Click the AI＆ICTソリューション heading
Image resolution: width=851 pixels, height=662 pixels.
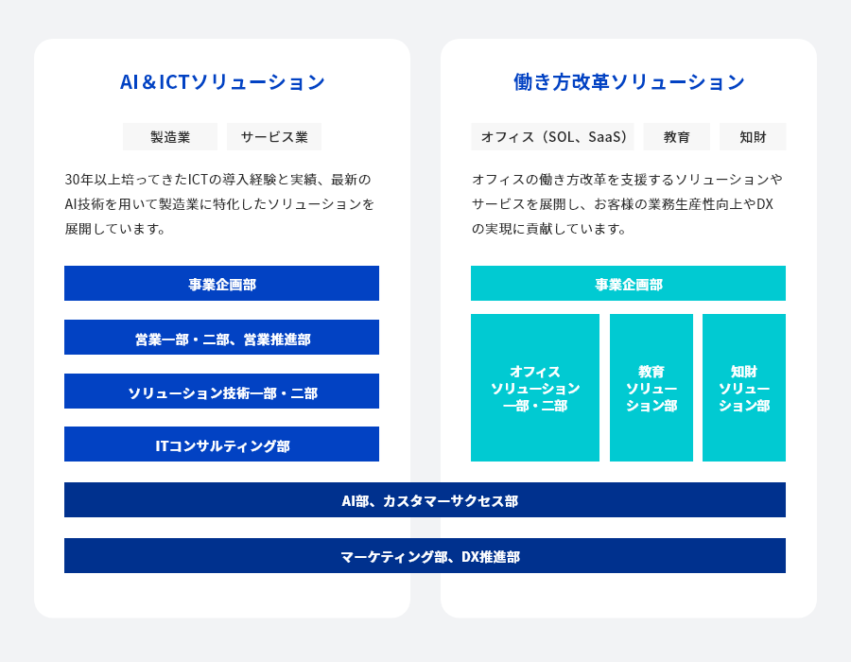click(222, 82)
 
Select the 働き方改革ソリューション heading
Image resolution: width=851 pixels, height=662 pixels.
click(629, 82)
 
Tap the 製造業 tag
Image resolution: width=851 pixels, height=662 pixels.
click(170, 137)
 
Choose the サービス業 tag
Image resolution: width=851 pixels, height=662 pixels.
click(274, 137)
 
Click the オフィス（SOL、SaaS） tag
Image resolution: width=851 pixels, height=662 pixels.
click(553, 137)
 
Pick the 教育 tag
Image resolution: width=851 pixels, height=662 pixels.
click(677, 137)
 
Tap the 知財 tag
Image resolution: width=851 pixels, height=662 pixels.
click(753, 137)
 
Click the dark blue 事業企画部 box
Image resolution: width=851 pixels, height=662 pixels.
click(221, 284)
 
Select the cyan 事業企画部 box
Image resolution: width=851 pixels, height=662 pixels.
click(628, 284)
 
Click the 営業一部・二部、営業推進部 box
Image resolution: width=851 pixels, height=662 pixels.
click(221, 338)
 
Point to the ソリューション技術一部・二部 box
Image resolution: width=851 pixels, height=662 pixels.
click(221, 392)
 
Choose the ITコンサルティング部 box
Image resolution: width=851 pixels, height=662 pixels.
click(221, 444)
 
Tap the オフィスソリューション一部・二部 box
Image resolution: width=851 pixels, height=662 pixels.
click(535, 388)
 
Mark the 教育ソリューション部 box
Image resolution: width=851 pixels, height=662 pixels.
click(651, 388)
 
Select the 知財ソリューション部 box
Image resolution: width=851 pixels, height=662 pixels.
click(744, 388)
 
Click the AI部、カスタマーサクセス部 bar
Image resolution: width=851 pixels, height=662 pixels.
click(425, 500)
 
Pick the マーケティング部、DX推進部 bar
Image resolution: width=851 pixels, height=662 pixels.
click(425, 556)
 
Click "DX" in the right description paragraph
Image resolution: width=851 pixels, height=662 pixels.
click(765, 204)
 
